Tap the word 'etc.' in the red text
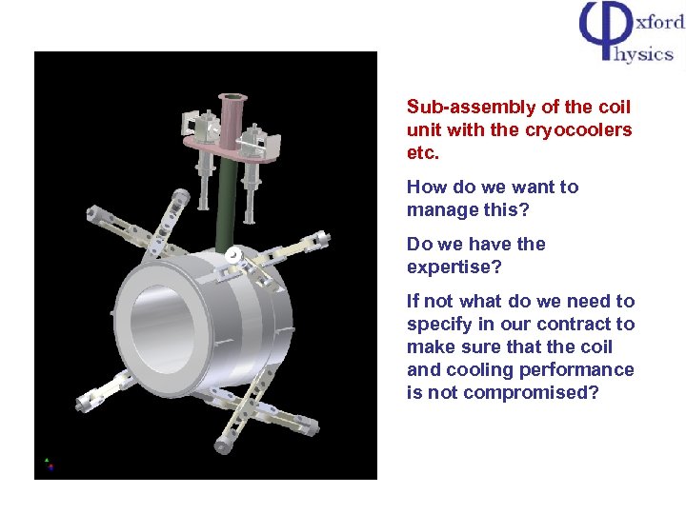click(422, 152)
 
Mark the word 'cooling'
click(478, 369)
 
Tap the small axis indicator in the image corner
click(49, 464)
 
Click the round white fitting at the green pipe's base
click(233, 256)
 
